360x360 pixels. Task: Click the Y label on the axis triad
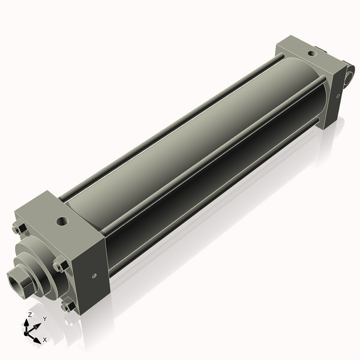click(44, 319)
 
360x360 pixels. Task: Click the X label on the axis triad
click(44, 340)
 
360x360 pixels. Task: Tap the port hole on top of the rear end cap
click(310, 54)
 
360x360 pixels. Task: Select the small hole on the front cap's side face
click(94, 276)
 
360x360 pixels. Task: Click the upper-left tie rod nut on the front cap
click(18, 229)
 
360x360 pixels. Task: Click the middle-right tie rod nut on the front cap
click(59, 265)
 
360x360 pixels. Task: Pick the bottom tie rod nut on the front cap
click(69, 305)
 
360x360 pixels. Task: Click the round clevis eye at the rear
click(350, 76)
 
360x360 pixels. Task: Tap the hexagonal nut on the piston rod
click(23, 280)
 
